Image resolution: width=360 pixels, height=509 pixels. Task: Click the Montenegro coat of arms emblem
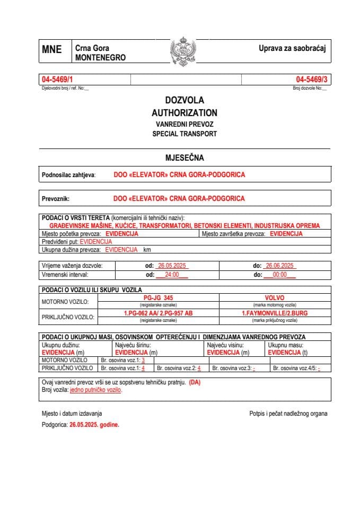tap(183, 51)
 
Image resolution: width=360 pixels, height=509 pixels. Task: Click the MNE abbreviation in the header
tap(51, 50)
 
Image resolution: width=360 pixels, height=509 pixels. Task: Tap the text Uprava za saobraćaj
tap(292, 48)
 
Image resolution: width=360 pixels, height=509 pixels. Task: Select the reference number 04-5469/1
tap(57, 80)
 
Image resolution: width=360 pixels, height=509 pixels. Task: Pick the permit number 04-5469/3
tap(312, 80)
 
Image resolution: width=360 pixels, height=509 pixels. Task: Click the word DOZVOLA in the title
tap(184, 100)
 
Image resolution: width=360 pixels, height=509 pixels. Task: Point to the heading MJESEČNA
tap(185, 157)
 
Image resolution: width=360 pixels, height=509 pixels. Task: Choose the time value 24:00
tap(172, 275)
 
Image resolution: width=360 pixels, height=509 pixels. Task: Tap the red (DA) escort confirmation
tap(195, 382)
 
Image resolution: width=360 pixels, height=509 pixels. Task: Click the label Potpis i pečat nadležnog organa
tap(288, 413)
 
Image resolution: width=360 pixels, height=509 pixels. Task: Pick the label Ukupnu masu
tap(286, 345)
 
